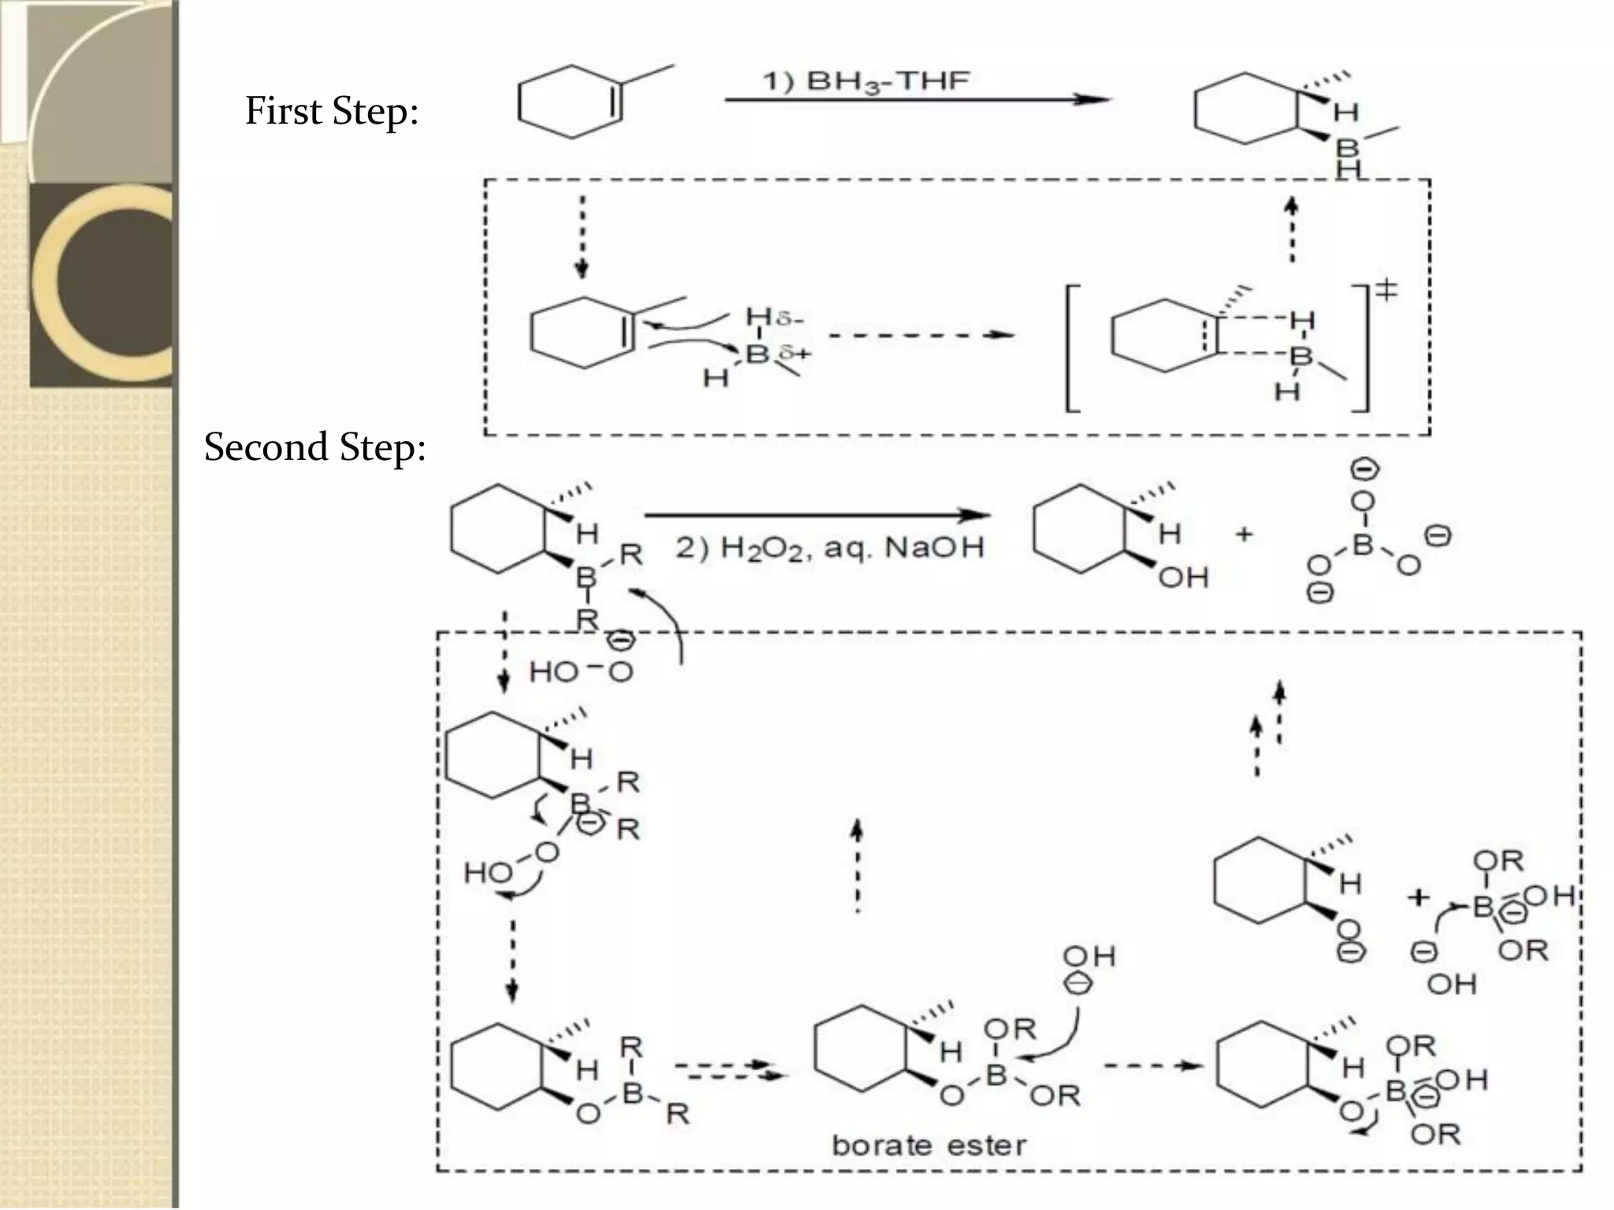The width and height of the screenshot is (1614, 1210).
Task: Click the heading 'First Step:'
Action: pyautogui.click(x=331, y=111)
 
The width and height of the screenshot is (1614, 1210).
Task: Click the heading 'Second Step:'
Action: pyautogui.click(x=314, y=447)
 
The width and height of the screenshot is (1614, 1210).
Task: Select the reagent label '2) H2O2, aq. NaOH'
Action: pyautogui.click(x=830, y=547)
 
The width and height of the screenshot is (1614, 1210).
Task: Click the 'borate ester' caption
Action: pyautogui.click(x=929, y=1145)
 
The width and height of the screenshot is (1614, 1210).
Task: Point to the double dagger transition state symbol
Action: pyautogui.click(x=1386, y=291)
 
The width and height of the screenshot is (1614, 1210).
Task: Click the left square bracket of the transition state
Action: pyautogui.click(x=1071, y=347)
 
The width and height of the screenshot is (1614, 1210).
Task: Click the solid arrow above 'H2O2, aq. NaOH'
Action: pyautogui.click(x=816, y=516)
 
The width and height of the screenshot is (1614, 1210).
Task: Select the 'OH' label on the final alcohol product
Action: pyautogui.click(x=1183, y=577)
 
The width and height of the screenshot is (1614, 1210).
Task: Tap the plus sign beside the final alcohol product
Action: pyautogui.click(x=1244, y=535)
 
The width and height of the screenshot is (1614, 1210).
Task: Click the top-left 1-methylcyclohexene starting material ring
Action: pyautogui.click(x=570, y=103)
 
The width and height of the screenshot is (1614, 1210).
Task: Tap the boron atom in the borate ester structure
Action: pyautogui.click(x=996, y=1075)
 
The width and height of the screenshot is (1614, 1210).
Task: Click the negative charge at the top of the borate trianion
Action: pyautogui.click(x=1365, y=470)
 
